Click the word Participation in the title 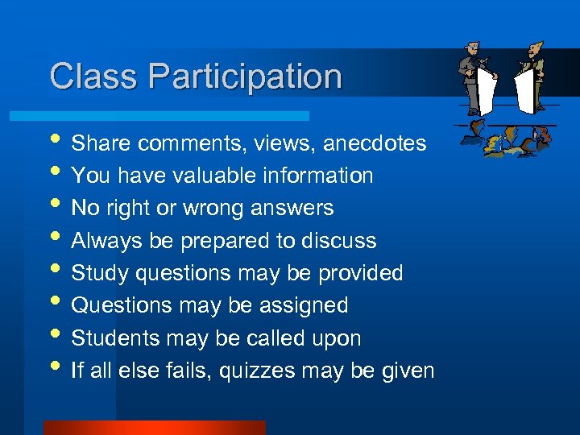pos(246,77)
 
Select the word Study pos(97,273)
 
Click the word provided pos(360,273)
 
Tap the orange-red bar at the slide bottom pos(154,428)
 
